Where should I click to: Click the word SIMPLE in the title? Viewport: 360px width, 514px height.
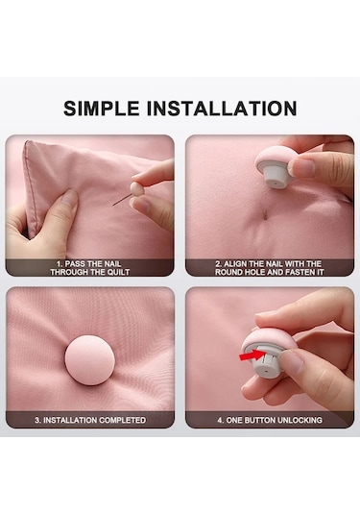[101, 109]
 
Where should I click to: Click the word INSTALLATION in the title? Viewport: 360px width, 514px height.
[222, 109]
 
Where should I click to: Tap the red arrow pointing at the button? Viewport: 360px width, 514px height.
[252, 355]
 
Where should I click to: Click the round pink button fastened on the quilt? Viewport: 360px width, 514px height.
[89, 360]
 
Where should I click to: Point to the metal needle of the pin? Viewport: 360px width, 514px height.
[122, 200]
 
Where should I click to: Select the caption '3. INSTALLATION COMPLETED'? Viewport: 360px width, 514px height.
[90, 420]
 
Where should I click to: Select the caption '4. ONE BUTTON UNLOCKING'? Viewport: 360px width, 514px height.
[270, 420]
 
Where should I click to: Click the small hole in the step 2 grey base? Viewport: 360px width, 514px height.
[276, 184]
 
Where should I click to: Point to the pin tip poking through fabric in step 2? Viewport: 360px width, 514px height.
[266, 214]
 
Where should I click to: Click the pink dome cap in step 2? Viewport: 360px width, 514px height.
[272, 158]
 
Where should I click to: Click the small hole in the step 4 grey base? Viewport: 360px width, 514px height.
[265, 372]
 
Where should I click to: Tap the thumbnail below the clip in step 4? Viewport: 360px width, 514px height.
[293, 362]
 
